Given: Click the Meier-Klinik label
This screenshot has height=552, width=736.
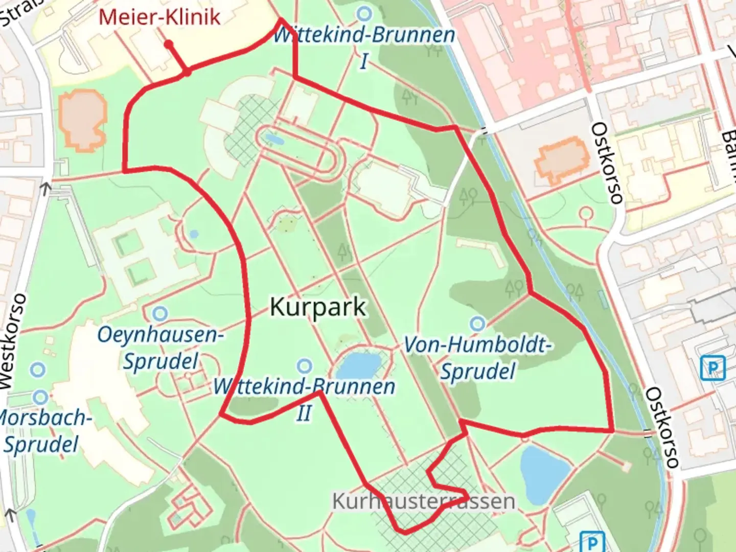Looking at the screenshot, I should point(159,17).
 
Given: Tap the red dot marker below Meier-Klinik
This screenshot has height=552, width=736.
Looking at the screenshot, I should point(168,45).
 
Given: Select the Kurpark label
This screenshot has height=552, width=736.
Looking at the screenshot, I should point(317,307).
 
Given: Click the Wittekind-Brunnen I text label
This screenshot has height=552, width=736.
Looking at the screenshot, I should point(363,46).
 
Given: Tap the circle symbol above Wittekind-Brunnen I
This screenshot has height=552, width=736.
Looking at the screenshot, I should point(364,12).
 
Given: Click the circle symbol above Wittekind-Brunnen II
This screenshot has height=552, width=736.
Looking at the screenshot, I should point(305,366).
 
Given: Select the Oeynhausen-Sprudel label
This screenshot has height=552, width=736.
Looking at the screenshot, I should point(160,348).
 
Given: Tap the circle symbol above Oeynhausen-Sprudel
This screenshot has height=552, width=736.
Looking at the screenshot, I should point(160,312).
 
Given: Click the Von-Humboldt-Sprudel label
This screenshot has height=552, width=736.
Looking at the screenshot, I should point(477,358).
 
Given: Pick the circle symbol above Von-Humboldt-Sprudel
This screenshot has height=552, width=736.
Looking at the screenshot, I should point(478,323).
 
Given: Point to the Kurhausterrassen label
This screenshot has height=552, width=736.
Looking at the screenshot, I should point(424,501).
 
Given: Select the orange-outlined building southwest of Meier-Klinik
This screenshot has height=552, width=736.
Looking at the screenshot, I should point(82,120).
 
